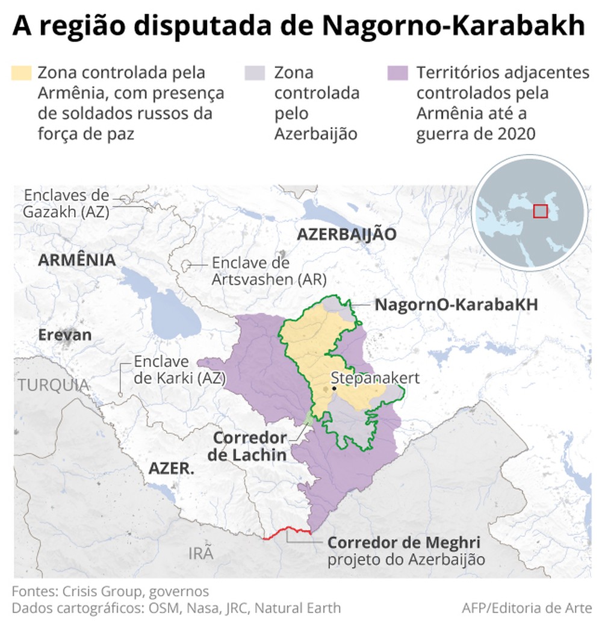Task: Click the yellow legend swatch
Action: click(x=21, y=73)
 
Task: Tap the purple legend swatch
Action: click(x=398, y=73)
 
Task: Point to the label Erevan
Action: click(x=65, y=335)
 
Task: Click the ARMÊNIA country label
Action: click(x=76, y=260)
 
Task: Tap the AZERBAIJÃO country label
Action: click(x=347, y=235)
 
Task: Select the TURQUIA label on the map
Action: click(x=53, y=385)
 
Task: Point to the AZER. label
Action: click(x=172, y=468)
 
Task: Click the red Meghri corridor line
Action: click(x=288, y=531)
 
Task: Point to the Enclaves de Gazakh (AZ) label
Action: click(x=66, y=203)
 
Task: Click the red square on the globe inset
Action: click(x=541, y=211)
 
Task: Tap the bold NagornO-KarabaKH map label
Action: click(x=456, y=304)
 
